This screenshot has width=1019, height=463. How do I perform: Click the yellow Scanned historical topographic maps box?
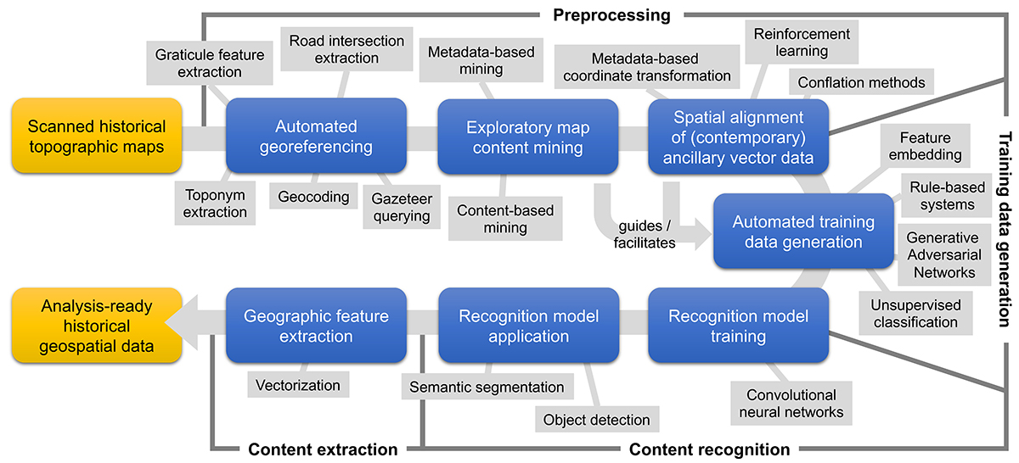pyautogui.click(x=97, y=137)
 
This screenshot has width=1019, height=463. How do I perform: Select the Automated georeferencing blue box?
pyautogui.click(x=316, y=137)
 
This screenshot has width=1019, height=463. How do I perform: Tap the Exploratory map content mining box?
pyautogui.click(x=527, y=137)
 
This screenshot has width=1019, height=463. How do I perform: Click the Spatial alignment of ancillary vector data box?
pyautogui.click(x=738, y=137)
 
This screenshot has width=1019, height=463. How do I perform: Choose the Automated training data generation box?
pyautogui.click(x=803, y=231)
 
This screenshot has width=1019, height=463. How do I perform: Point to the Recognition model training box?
pyautogui.click(x=738, y=326)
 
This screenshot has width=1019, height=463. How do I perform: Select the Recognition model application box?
pyautogui.click(x=527, y=326)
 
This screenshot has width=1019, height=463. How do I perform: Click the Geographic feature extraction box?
pyautogui.click(x=316, y=326)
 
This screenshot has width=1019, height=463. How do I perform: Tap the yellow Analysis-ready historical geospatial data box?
pyautogui.click(x=97, y=326)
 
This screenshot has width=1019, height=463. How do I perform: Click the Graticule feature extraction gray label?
pyautogui.click(x=210, y=64)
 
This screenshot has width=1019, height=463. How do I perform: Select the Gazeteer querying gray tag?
pyautogui.click(x=402, y=207)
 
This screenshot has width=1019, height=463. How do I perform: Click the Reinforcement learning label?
pyautogui.click(x=802, y=42)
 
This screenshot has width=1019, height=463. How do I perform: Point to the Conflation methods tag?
pyautogui.click(x=861, y=83)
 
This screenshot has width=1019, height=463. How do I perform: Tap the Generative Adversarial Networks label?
pyautogui.click(x=943, y=255)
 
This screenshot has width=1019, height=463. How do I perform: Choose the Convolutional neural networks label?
pyautogui.click(x=791, y=404)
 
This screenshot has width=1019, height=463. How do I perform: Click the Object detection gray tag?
pyautogui.click(x=596, y=419)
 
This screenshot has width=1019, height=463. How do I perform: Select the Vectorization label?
pyautogui.click(x=297, y=385)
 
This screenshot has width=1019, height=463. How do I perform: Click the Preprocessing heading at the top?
pyautogui.click(x=611, y=14)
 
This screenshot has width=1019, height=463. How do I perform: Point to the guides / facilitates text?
pyautogui.click(x=647, y=235)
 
